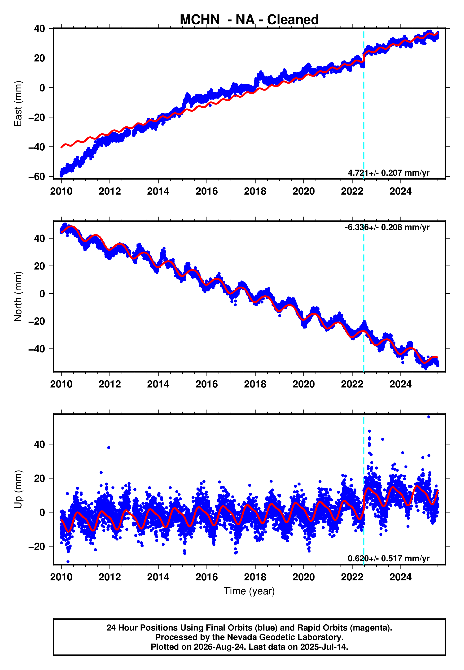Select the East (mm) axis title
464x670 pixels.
tap(18, 104)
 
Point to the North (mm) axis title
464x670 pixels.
tap(18, 296)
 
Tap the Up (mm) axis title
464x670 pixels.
tap(18, 489)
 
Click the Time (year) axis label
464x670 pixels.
tap(249, 591)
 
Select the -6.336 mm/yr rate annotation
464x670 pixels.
tap(387, 227)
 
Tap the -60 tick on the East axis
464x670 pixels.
tap(37, 177)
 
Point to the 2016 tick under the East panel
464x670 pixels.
tap(207, 191)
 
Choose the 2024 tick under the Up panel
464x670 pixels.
tap(401, 577)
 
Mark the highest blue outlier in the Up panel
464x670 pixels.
tap(429, 417)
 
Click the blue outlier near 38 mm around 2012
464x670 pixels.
tap(109, 448)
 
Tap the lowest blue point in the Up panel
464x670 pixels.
tap(68, 562)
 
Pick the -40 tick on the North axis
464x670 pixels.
tap(37, 349)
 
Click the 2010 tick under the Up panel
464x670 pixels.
tap(61, 577)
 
